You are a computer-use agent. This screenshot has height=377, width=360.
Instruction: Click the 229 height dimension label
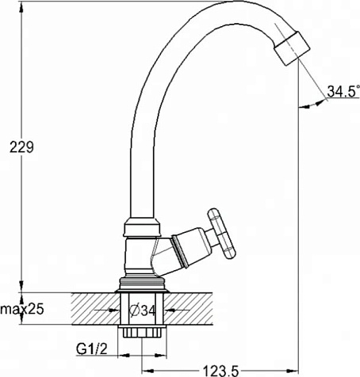[x=21, y=147]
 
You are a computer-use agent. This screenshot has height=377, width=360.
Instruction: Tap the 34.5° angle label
[x=343, y=91]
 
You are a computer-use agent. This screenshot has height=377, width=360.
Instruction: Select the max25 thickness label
[x=22, y=309]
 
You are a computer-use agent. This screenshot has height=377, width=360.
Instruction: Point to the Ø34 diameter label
[x=143, y=310]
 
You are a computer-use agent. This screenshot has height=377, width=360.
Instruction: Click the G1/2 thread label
[x=92, y=349]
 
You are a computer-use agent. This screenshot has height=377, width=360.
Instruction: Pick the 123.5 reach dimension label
[x=220, y=371]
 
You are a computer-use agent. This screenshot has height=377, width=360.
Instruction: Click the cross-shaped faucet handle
[x=221, y=234]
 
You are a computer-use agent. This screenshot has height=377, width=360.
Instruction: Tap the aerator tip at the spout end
[x=292, y=48]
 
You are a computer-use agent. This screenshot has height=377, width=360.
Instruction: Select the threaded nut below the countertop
[x=142, y=332]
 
